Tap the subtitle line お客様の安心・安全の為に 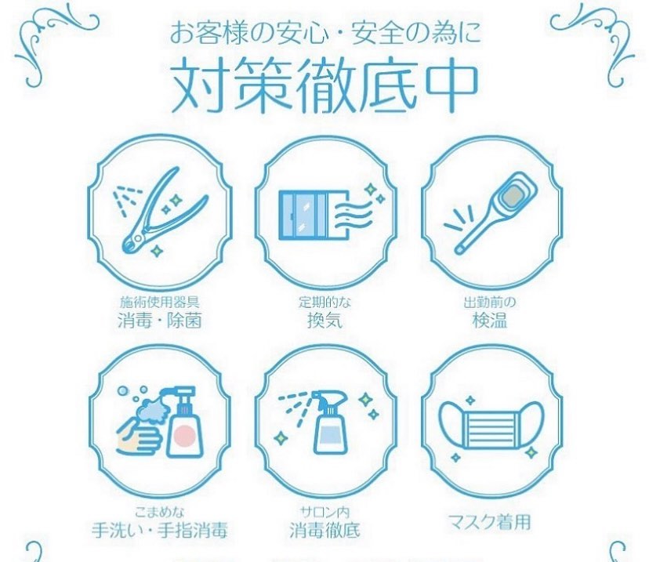point(324,35)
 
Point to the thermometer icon point(497,210)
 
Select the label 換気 point(324,321)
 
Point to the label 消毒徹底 point(324,530)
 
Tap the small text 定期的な point(324,302)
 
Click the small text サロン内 point(324,510)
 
